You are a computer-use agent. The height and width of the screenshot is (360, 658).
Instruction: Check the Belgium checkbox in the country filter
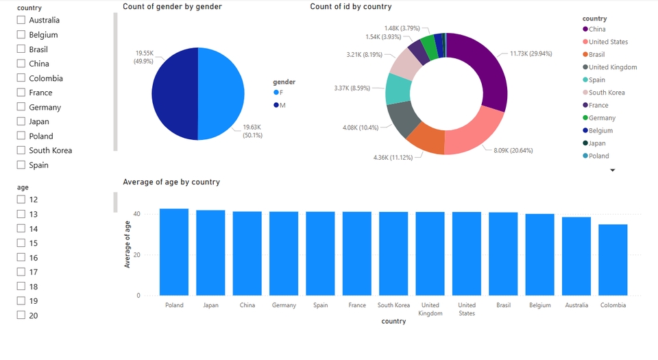coord(21,35)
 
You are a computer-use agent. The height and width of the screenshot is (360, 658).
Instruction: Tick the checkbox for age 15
coord(21,243)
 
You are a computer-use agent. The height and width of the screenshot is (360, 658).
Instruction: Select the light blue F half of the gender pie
coord(221,94)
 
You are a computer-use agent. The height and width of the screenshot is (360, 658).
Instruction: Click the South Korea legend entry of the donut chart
coord(607,93)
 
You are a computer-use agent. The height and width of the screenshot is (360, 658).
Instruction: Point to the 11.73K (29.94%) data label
coord(531,53)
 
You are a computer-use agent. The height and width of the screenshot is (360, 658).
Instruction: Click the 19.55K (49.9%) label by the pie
coord(144,57)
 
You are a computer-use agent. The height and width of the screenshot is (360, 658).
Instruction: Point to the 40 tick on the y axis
coord(137,214)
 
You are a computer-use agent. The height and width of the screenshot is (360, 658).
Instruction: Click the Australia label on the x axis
coord(576,305)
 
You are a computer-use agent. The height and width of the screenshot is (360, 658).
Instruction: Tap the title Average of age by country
coord(171,182)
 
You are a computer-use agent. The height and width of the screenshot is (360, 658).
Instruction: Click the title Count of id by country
coord(351,7)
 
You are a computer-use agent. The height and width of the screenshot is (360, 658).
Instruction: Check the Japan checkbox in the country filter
coord(21,121)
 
